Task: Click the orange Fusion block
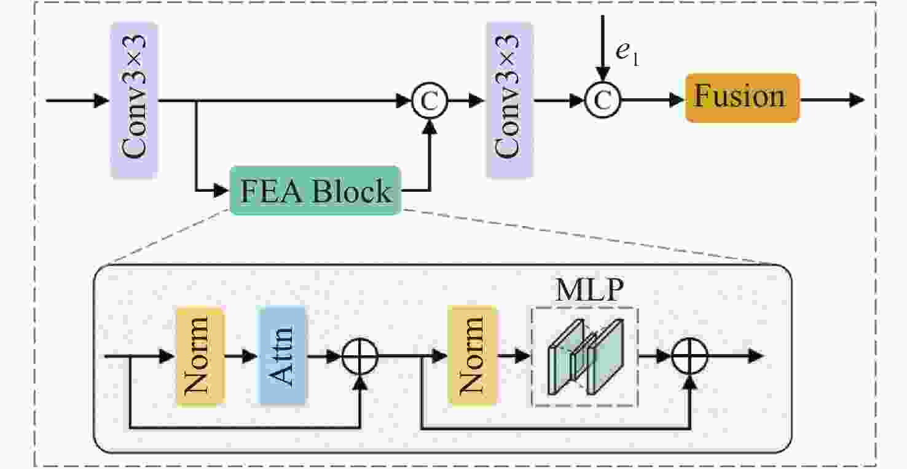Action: [x=742, y=98]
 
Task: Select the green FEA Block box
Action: [x=315, y=191]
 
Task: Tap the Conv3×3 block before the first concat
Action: [x=135, y=100]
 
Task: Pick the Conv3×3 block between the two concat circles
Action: [x=509, y=100]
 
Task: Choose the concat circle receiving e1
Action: [x=603, y=101]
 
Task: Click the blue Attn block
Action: [x=283, y=356]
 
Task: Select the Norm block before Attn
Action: [x=200, y=356]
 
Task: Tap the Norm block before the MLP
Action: [x=472, y=356]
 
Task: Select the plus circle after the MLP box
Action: [x=690, y=356]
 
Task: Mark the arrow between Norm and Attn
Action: [x=241, y=356]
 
